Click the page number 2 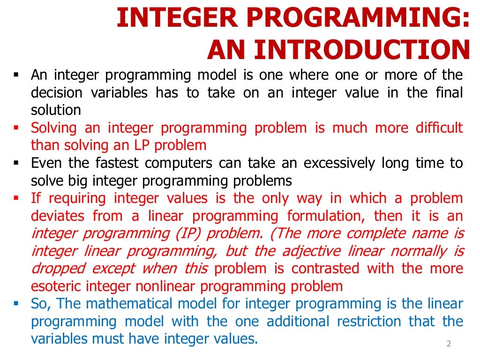tap(449, 344)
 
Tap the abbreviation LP tap(142, 145)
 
